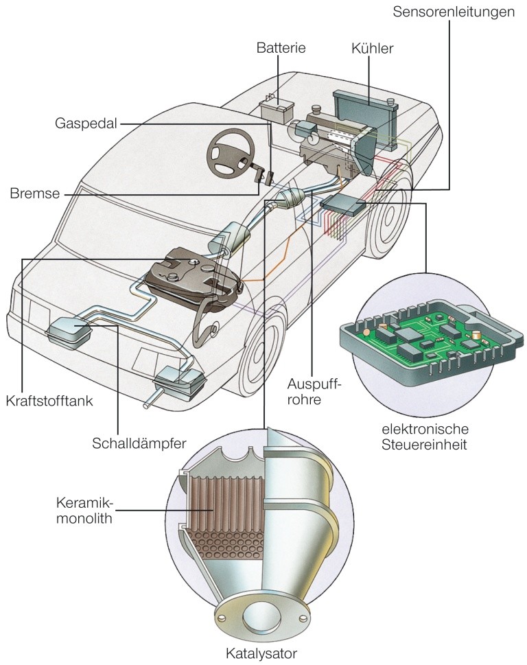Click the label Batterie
tap(281, 48)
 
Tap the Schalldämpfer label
tap(140, 443)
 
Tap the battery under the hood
tap(277, 110)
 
